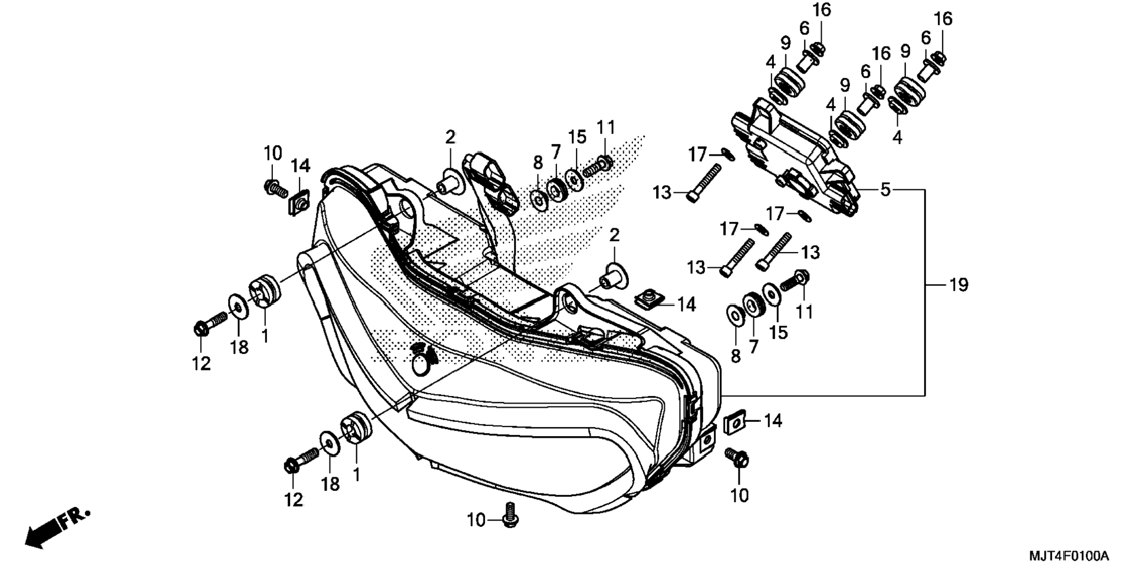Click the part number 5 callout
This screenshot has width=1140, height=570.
coord(885,190)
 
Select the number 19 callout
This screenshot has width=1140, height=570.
coord(958,285)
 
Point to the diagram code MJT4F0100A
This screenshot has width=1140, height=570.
coord(1069,556)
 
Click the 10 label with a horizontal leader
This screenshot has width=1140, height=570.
coord(476,520)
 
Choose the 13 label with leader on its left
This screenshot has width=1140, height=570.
coord(810,253)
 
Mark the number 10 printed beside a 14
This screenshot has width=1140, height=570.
coord(272,153)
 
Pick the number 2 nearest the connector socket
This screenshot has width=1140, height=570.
coord(450,137)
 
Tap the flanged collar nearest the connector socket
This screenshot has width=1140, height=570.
coord(449,182)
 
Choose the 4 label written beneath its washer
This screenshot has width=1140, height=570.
coord(897,137)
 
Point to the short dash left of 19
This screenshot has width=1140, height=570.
coord(934,285)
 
